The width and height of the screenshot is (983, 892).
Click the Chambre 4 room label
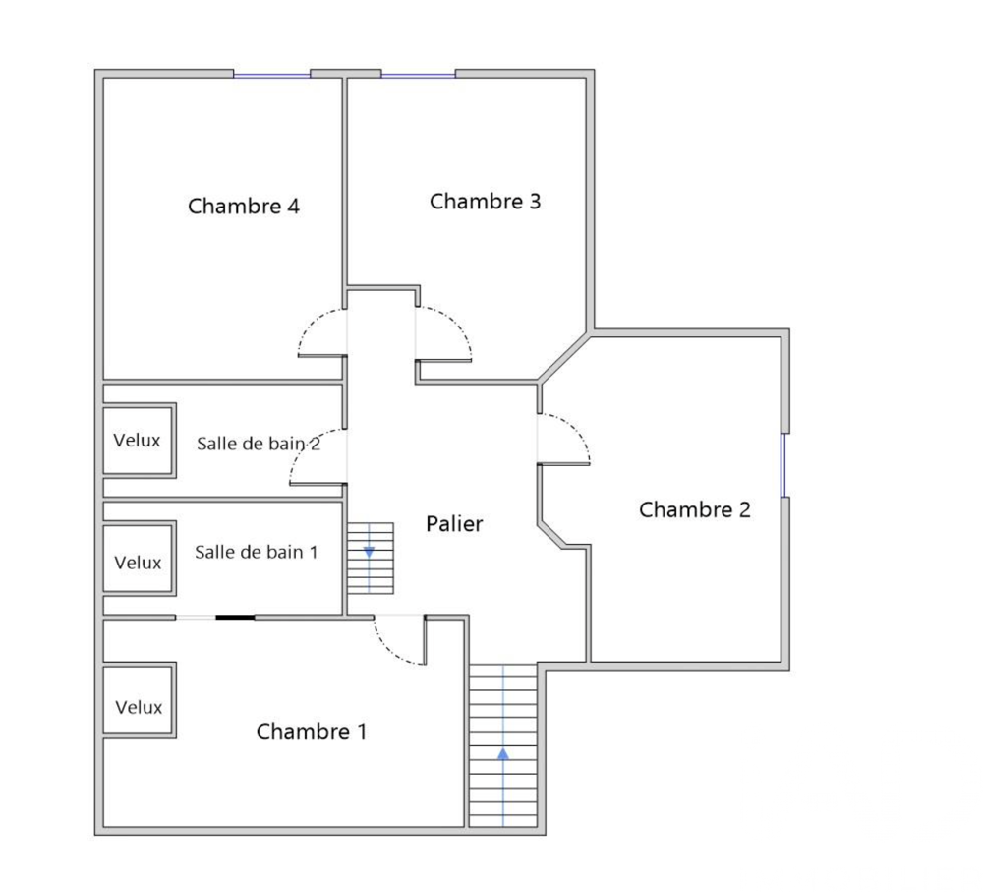pyautogui.click(x=244, y=207)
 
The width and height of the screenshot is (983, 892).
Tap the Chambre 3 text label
pyautogui.click(x=486, y=202)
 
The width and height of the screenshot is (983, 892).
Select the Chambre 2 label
pyautogui.click(x=695, y=509)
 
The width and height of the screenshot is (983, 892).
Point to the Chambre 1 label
pyautogui.click(x=312, y=732)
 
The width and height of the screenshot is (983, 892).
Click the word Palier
pyautogui.click(x=454, y=524)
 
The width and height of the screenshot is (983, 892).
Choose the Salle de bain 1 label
pyautogui.click(x=256, y=552)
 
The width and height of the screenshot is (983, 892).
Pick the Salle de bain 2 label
pyautogui.click(x=259, y=444)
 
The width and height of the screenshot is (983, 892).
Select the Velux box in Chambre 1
pyautogui.click(x=139, y=707)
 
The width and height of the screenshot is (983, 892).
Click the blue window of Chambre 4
pyautogui.click(x=272, y=75)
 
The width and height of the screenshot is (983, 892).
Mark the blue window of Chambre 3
pyautogui.click(x=419, y=75)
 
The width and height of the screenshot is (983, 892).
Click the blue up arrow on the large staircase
pyautogui.click(x=503, y=754)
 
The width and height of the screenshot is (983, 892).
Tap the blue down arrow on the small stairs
pyautogui.click(x=370, y=552)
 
